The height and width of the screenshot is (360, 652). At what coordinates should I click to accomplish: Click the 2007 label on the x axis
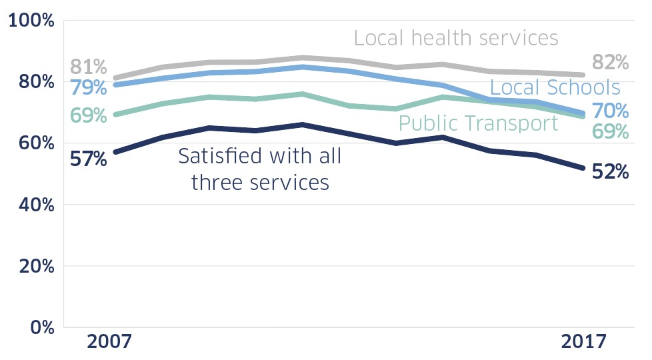point(110,342)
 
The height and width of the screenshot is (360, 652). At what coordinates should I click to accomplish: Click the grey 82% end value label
point(610,63)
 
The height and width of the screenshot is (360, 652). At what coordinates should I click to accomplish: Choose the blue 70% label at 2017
point(610,110)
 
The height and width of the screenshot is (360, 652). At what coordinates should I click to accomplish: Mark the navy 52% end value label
point(610,172)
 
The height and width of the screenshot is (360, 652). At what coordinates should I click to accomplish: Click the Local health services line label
point(456,38)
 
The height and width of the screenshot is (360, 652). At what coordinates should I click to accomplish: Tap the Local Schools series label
point(555,87)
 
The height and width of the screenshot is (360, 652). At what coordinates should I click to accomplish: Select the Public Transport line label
point(477,123)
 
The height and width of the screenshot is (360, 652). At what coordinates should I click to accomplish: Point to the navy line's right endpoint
point(582,167)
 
